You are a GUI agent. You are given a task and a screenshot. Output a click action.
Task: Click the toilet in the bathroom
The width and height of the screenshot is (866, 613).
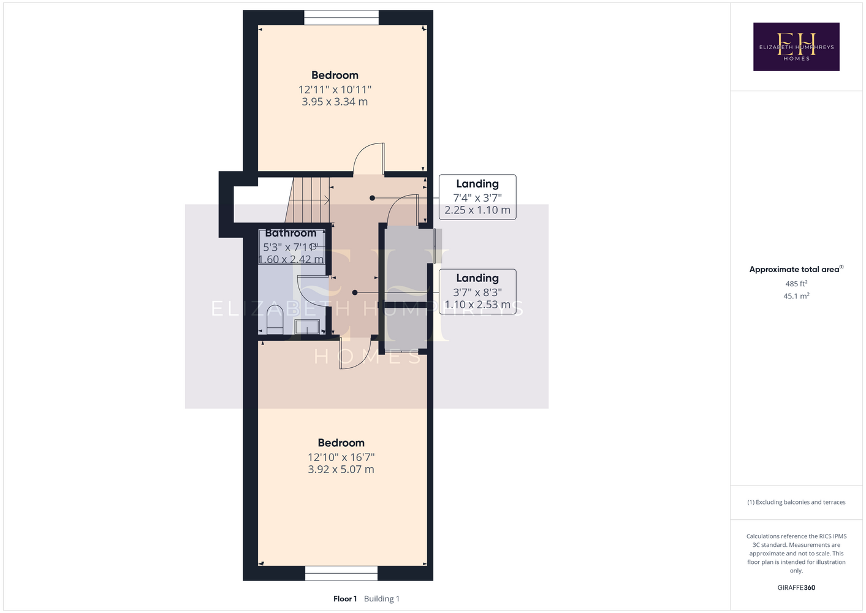275,319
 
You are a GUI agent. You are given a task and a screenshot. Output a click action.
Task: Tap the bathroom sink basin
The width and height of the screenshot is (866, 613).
307,327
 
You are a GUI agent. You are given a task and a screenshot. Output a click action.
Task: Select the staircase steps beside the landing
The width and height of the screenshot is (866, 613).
308,200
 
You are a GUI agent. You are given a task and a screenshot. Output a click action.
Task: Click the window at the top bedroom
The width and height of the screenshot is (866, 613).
341,18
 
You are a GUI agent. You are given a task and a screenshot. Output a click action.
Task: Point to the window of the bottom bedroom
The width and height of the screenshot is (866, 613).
341,573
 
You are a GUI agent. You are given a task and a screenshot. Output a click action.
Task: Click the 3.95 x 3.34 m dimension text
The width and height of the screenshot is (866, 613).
335,102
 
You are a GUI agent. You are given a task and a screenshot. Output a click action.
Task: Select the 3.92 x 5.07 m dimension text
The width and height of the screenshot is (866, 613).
341,470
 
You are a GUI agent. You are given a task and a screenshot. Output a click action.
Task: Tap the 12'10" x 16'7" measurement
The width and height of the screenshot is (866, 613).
341,457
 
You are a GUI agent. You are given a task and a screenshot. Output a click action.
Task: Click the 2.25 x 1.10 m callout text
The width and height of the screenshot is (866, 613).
477,210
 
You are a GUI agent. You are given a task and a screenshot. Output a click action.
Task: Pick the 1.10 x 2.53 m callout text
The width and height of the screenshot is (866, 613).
477,305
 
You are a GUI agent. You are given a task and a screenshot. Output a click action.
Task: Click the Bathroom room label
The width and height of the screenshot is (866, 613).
291,233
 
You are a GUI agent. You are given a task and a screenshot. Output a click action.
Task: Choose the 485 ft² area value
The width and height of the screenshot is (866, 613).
796,283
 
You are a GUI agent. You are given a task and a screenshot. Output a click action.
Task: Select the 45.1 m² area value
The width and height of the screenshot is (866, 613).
796,296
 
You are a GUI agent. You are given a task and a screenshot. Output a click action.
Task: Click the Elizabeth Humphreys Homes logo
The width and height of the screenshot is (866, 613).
796,47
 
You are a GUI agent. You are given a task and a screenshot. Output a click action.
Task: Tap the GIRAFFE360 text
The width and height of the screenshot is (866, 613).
796,587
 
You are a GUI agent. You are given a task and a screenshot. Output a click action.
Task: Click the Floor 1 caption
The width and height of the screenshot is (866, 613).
345,599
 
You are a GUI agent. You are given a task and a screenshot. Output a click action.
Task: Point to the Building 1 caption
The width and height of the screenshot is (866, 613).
382,599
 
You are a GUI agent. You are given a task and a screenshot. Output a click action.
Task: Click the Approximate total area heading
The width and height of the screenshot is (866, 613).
796,269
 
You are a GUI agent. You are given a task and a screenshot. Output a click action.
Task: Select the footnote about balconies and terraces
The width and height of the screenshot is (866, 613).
796,502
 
